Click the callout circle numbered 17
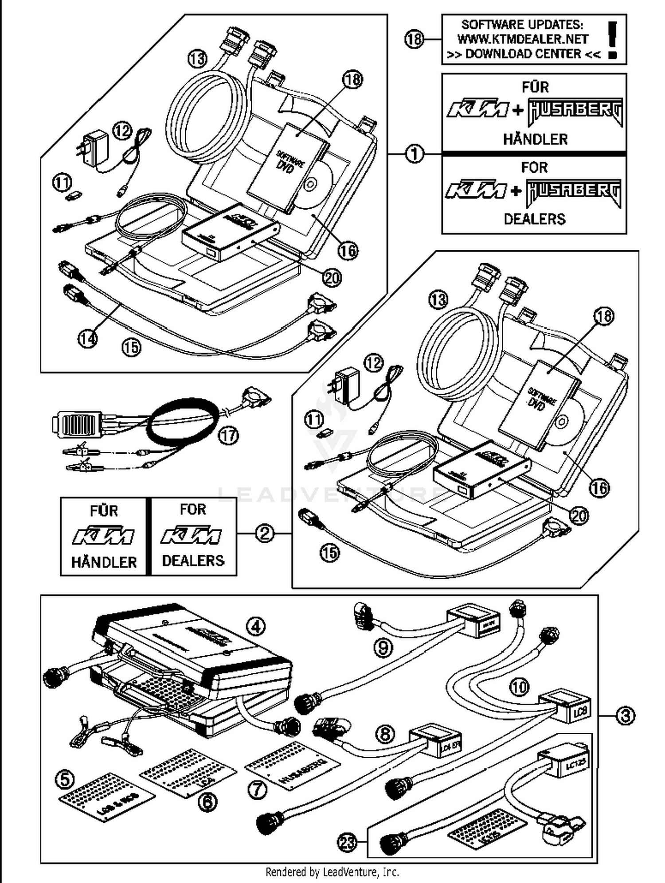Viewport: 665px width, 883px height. pos(229,436)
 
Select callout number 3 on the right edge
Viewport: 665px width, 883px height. pos(625,716)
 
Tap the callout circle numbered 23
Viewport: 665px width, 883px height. pos(348,842)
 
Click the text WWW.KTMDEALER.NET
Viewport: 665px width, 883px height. pos(523,39)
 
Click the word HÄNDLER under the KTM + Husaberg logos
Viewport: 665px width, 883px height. pos(535,140)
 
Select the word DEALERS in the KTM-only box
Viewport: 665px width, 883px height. pos(193,560)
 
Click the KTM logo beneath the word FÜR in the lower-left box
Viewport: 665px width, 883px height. pos(103,537)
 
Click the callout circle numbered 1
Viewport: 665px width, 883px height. pos(415,154)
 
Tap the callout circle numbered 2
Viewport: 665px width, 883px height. pos(265,533)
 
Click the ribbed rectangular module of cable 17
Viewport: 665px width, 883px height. pos(78,424)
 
